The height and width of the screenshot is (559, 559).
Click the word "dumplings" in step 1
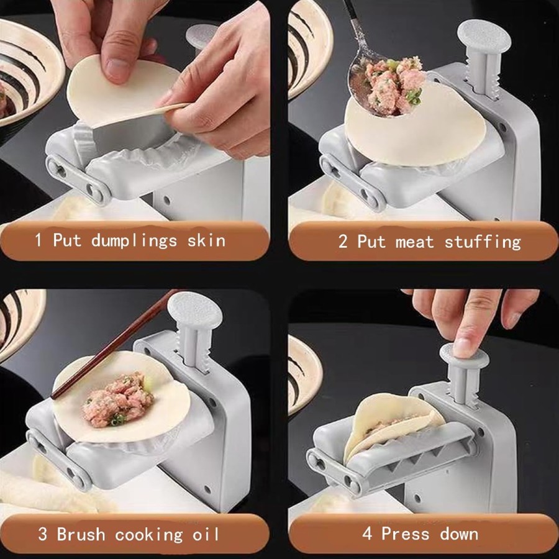134,241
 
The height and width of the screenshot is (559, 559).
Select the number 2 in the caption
343,242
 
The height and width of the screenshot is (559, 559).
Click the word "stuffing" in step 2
483,242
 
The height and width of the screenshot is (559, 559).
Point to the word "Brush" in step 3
81,534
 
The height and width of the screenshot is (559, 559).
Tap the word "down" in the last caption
459,534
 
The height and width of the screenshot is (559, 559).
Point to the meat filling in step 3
117,399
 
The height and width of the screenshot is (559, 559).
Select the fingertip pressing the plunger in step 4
462,344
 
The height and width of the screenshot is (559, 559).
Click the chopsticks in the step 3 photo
114,344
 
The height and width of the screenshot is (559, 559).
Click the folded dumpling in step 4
392,424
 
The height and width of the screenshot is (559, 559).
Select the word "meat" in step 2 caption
415,242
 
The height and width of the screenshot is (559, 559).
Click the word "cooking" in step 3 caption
148,535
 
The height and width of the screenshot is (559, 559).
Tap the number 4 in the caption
368,534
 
